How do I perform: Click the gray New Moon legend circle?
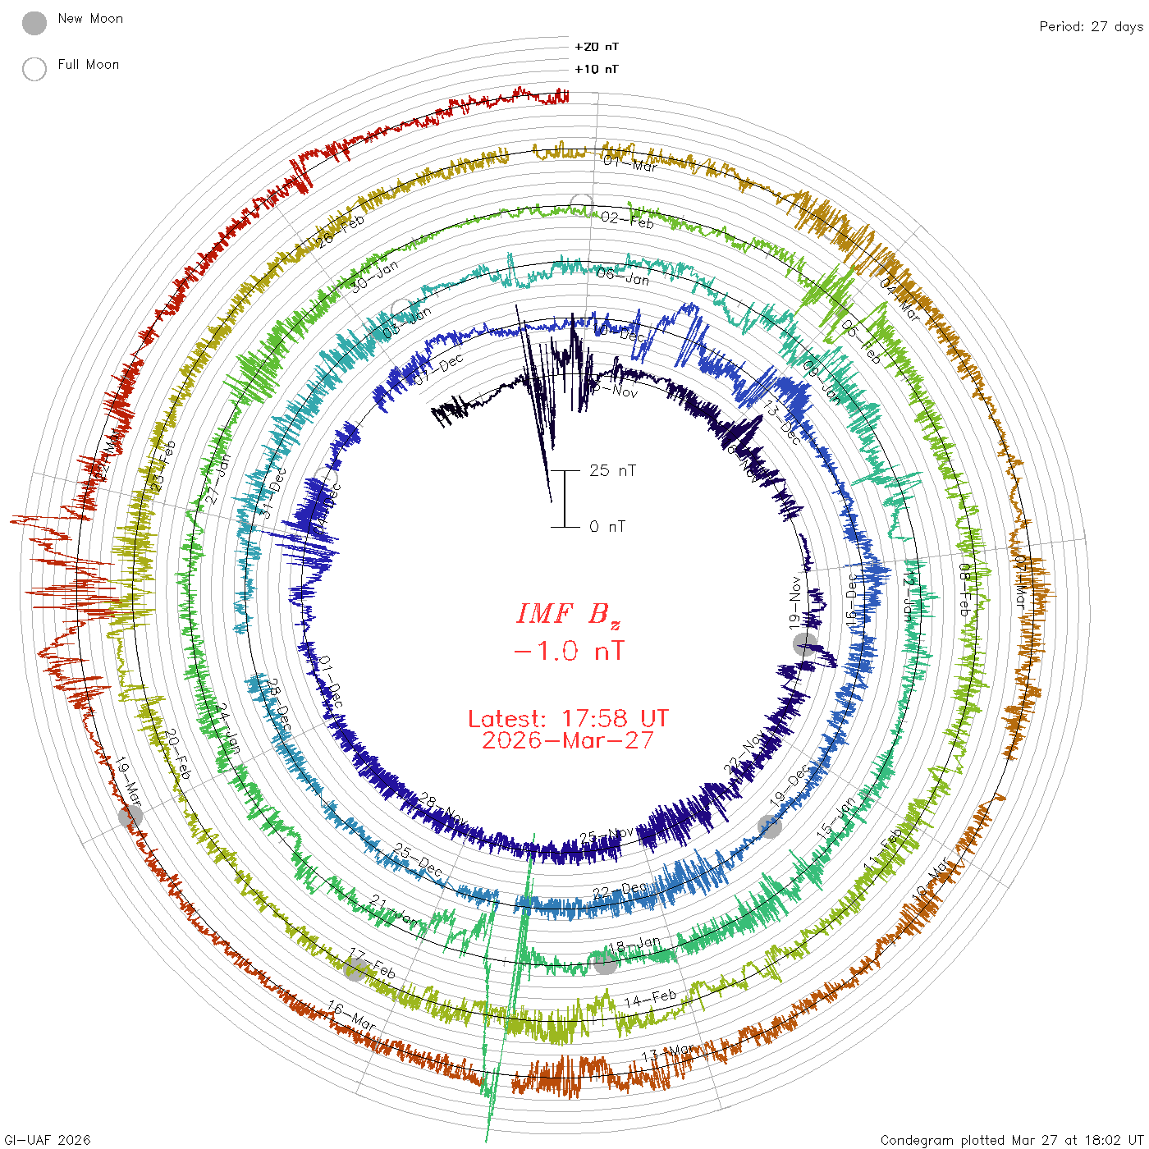pyautogui.click(x=34, y=24)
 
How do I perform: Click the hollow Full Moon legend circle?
pyautogui.click(x=34, y=69)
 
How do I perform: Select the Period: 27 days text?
pyautogui.click(x=1091, y=27)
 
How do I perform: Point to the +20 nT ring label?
pyautogui.click(x=597, y=47)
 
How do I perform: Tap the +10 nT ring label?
pyautogui.click(x=597, y=69)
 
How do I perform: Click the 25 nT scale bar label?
pyautogui.click(x=612, y=471)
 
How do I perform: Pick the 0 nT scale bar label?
pyautogui.click(x=607, y=527)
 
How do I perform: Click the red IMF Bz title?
pyautogui.click(x=569, y=614)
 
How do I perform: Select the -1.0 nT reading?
pyautogui.click(x=569, y=652)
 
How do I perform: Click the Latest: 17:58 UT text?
pyautogui.click(x=568, y=719)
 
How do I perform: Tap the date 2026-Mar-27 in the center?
pyautogui.click(x=568, y=740)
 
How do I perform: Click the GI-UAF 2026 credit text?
pyautogui.click(x=48, y=1140)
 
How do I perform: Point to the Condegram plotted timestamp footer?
pyautogui.click(x=1011, y=1140)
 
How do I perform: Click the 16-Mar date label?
pyautogui.click(x=351, y=1016)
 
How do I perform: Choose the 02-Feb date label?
pyautogui.click(x=627, y=220)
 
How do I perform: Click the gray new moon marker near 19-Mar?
pyautogui.click(x=130, y=816)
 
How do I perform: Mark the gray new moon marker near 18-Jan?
pyautogui.click(x=605, y=964)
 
